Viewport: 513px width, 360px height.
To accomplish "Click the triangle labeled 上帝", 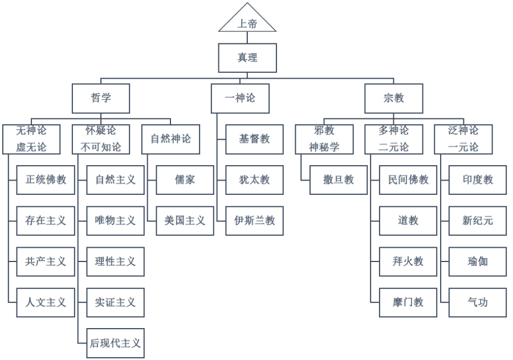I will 247,22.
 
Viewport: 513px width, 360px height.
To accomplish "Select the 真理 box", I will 247,58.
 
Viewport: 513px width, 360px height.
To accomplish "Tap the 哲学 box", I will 101,98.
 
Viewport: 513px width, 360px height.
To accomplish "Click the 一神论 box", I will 240,98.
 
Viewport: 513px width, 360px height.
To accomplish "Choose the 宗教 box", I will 394,98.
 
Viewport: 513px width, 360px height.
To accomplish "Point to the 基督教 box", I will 254,139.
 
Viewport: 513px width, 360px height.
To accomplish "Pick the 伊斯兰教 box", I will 254,220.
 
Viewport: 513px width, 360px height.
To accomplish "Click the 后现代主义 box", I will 115,343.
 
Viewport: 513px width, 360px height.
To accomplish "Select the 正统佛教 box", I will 46,180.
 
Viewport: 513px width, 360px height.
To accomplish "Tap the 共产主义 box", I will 46,261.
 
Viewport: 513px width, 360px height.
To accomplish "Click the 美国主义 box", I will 185,220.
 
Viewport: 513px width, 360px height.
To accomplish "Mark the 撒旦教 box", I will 339,180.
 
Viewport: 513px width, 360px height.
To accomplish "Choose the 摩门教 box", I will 408,302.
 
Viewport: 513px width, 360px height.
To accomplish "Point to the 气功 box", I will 478,302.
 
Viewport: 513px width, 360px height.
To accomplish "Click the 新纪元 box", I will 478,220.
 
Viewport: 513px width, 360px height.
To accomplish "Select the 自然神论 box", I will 171,139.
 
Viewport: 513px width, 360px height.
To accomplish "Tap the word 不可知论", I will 101,147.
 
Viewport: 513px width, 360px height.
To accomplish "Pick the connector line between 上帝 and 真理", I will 247,38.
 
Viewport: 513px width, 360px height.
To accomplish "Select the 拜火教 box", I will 408,261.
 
